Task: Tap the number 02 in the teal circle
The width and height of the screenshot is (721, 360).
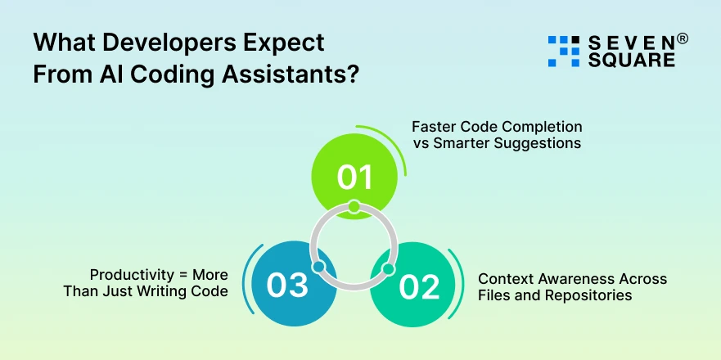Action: (417, 286)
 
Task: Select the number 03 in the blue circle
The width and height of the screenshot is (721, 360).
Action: (287, 286)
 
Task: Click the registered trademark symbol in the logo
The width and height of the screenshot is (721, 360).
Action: (683, 38)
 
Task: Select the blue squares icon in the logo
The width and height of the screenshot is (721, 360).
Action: (563, 51)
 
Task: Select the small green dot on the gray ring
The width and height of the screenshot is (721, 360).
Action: (354, 207)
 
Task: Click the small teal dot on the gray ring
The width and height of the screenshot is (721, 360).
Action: (388, 268)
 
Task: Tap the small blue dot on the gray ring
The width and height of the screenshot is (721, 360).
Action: (319, 268)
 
